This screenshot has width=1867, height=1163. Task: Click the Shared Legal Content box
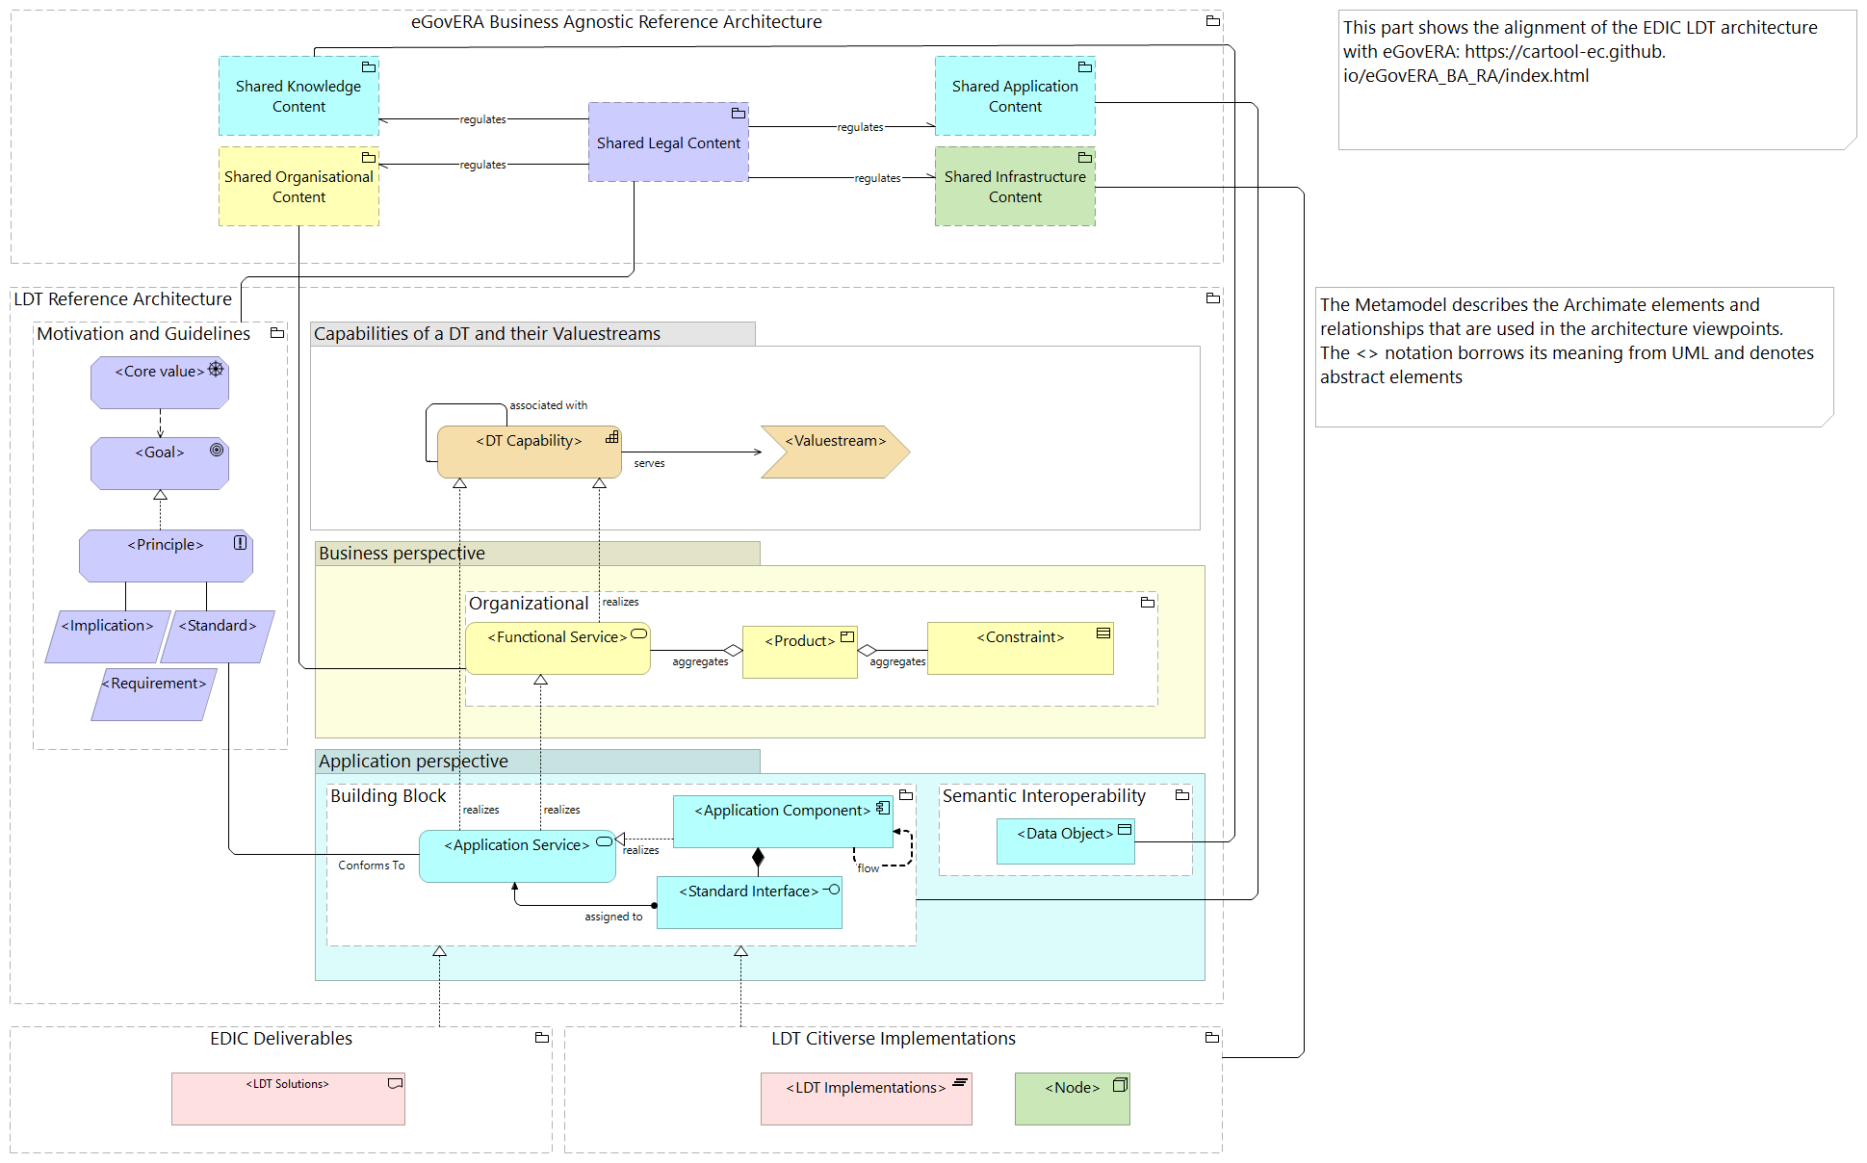[668, 142]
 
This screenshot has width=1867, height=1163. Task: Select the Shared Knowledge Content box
[298, 96]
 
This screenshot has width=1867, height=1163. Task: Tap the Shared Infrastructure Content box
[1015, 187]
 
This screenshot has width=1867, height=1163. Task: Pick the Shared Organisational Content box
[298, 187]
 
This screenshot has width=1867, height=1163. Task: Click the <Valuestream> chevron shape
[834, 452]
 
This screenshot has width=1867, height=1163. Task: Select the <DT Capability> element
[529, 452]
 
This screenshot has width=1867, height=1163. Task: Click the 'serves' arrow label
[649, 464]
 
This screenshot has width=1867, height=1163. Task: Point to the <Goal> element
[160, 463]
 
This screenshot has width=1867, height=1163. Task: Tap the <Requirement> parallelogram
[154, 694]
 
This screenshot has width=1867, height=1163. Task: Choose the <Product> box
[799, 652]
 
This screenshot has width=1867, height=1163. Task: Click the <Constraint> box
[1020, 648]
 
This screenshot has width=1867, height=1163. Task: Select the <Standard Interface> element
[749, 902]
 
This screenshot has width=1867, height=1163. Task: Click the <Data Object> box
[1065, 840]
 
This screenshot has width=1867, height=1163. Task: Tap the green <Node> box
[1072, 1098]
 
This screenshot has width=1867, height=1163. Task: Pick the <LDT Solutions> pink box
[288, 1098]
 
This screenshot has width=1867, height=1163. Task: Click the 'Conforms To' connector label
[372, 866]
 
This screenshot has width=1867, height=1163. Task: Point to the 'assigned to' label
[613, 917]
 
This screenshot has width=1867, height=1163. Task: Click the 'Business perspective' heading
[402, 554]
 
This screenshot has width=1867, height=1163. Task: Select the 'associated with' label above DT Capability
[548, 405]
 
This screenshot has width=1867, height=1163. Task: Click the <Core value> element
[160, 382]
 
